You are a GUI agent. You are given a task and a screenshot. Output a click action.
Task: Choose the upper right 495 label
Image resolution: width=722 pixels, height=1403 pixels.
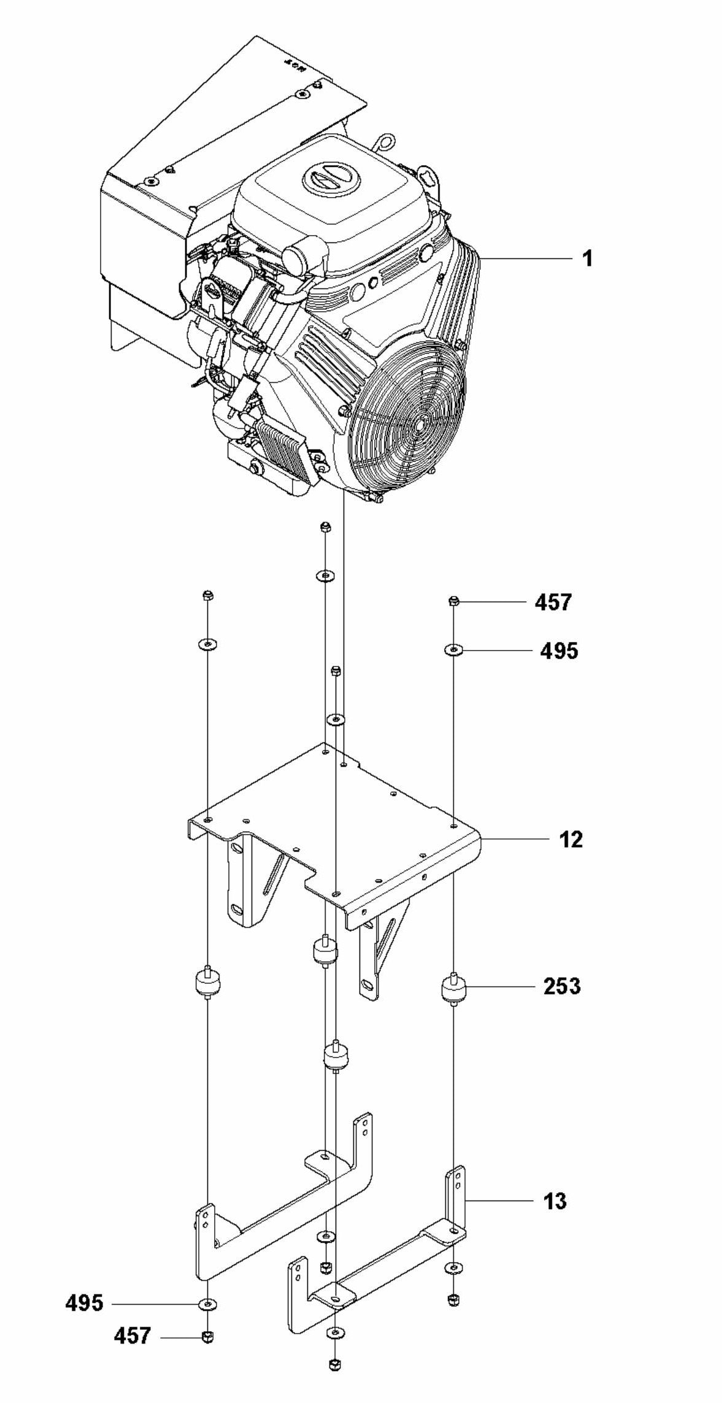559,650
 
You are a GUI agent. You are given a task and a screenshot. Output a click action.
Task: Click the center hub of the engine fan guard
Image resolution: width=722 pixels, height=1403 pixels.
420,423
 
